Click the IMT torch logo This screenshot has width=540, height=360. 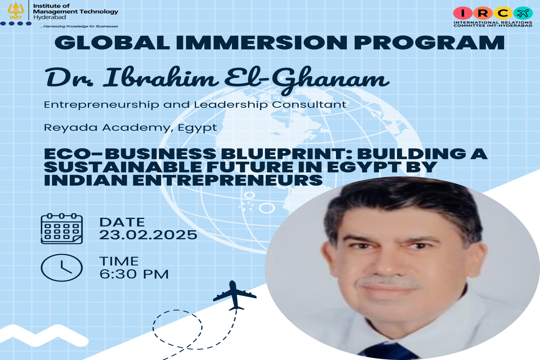[x=16, y=10]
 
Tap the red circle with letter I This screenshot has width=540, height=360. [x=463, y=13]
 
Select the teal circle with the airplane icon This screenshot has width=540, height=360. [x=523, y=13]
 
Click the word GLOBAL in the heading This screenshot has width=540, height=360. [x=112, y=43]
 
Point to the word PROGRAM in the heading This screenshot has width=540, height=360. [x=429, y=43]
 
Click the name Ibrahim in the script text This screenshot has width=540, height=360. [x=161, y=77]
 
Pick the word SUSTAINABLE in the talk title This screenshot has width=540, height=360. [x=123, y=167]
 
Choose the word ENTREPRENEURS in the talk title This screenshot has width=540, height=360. [x=227, y=180]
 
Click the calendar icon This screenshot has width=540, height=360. [x=62, y=229]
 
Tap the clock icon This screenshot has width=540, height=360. [x=62, y=267]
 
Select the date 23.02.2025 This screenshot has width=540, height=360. [x=148, y=235]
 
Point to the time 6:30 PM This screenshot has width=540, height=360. [x=134, y=274]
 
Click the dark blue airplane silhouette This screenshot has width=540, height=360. [x=234, y=296]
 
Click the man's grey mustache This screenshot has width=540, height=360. [x=388, y=282]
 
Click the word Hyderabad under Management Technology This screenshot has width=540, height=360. [x=49, y=17]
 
